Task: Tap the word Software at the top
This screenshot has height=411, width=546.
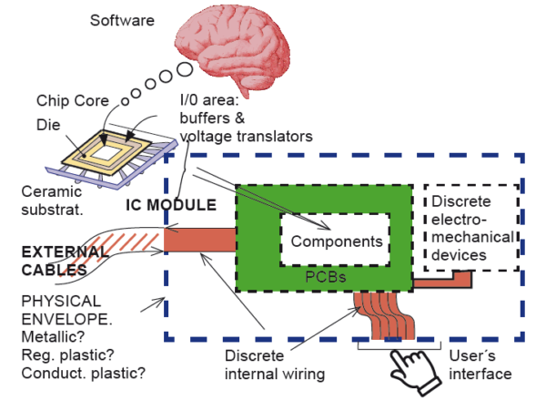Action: [122, 19]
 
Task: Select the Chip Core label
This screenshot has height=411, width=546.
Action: [72, 99]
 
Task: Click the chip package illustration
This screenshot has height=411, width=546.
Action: [118, 151]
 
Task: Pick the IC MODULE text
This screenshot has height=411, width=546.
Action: [170, 204]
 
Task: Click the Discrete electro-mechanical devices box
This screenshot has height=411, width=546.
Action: [470, 227]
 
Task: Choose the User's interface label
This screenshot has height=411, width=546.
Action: [479, 365]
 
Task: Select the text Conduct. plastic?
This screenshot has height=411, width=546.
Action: [83, 372]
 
